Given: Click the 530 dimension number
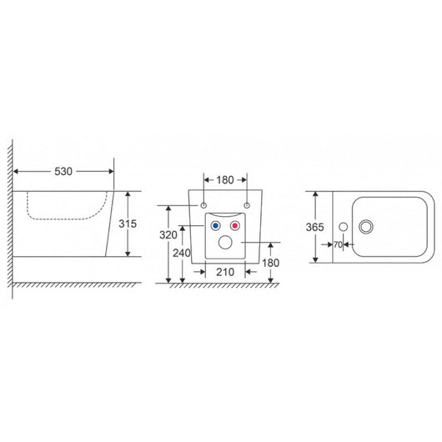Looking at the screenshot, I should [63, 171].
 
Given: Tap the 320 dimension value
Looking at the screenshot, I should [168, 236].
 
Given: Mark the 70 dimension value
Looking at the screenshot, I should [338, 245].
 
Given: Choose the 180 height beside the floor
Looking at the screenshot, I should [269, 263].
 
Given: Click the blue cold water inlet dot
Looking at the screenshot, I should [216, 226].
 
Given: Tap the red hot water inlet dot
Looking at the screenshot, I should [235, 226].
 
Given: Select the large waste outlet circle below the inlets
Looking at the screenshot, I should [225, 243].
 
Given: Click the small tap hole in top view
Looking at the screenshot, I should [342, 226].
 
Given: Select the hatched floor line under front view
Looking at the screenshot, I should [221, 286].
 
